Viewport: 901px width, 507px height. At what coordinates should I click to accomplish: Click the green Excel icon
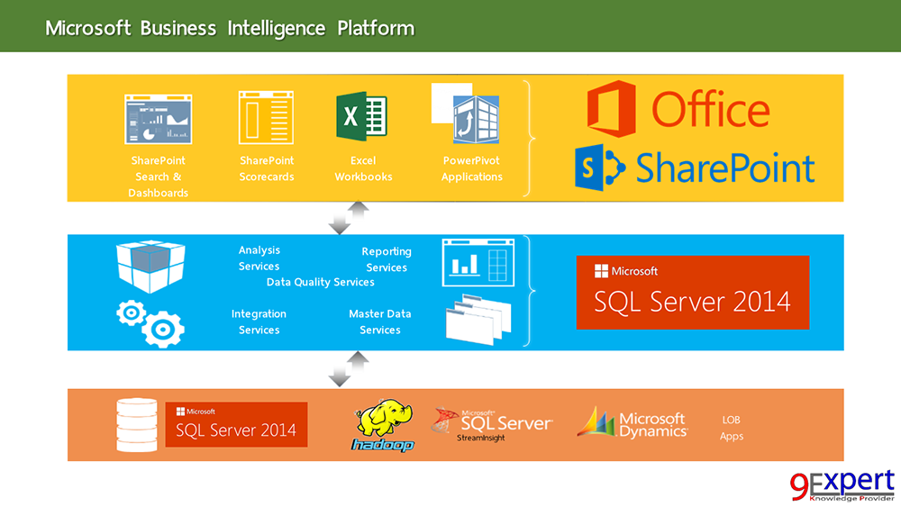(361, 117)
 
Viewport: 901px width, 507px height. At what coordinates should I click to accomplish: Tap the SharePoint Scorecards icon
(266, 117)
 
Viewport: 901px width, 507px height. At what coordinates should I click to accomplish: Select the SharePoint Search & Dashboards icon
(158, 117)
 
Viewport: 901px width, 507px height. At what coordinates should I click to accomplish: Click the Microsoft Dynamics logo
(633, 423)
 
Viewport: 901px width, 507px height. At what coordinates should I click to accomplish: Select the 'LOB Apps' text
(732, 428)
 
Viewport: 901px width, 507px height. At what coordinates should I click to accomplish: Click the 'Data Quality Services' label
(320, 283)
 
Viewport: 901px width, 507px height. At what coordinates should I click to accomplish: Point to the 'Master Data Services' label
(380, 321)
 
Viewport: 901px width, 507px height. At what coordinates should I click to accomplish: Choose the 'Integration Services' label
(259, 321)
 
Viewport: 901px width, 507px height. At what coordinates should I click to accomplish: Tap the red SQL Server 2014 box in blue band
(692, 292)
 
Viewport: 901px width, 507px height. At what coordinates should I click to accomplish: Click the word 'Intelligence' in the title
(277, 28)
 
